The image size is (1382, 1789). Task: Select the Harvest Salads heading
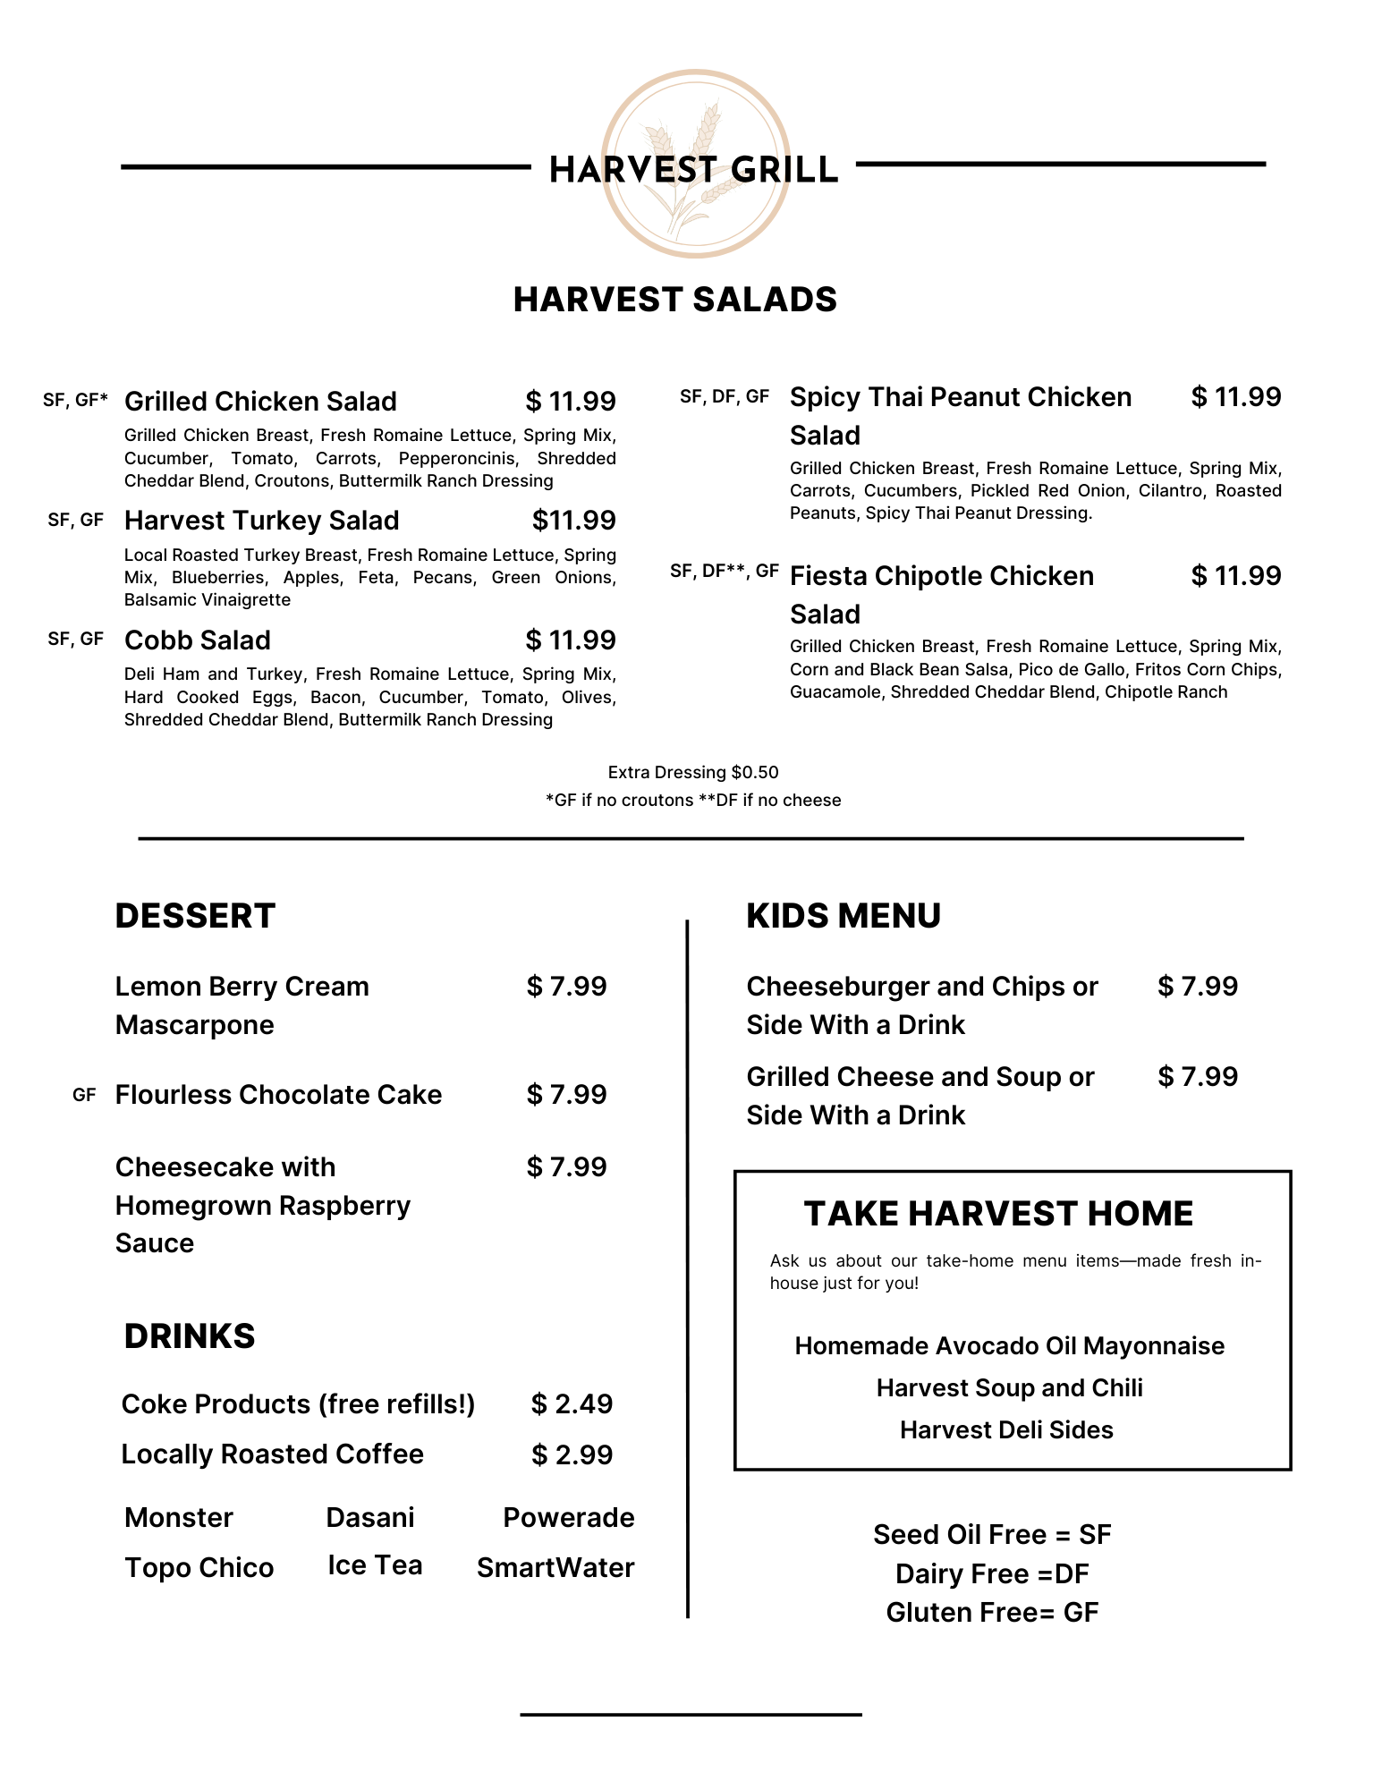pyautogui.click(x=674, y=300)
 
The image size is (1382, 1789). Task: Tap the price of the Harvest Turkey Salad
pyautogui.click(x=573, y=521)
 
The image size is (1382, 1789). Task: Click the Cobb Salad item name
pyautogui.click(x=198, y=640)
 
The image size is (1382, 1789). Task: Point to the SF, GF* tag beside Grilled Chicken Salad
pyautogui.click(x=75, y=400)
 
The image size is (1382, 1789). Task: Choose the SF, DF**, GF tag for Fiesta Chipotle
pyautogui.click(x=724, y=571)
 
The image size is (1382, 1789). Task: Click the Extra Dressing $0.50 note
pyautogui.click(x=693, y=772)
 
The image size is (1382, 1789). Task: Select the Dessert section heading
pyautogui.click(x=195, y=916)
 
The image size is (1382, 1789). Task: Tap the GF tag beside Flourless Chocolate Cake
pyautogui.click(x=84, y=1095)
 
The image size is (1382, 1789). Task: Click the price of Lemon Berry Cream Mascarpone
pyautogui.click(x=566, y=987)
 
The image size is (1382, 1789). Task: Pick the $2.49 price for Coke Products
pyautogui.click(x=572, y=1404)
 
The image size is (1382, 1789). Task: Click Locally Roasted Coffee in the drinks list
pyautogui.click(x=272, y=1454)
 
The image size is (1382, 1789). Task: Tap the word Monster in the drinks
pyautogui.click(x=179, y=1518)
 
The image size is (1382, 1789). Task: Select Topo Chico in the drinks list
pyautogui.click(x=199, y=1568)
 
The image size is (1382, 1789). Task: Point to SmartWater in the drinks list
pyautogui.click(x=555, y=1568)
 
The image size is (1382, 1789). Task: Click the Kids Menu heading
pyautogui.click(x=844, y=916)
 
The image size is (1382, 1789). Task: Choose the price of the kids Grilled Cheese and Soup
pyautogui.click(x=1198, y=1077)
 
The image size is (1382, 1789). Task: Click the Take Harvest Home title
pyautogui.click(x=998, y=1214)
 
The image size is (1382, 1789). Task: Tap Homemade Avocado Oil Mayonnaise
pyautogui.click(x=1009, y=1346)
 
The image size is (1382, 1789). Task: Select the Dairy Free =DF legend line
pyautogui.click(x=992, y=1574)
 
